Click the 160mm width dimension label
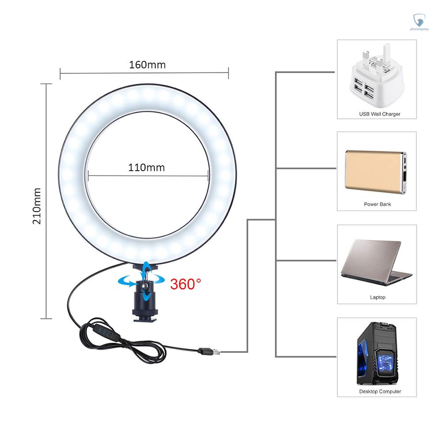147,65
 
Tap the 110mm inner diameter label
146,168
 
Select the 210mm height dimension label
37,206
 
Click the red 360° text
186,284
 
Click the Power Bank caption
377,204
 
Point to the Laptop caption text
377,297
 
